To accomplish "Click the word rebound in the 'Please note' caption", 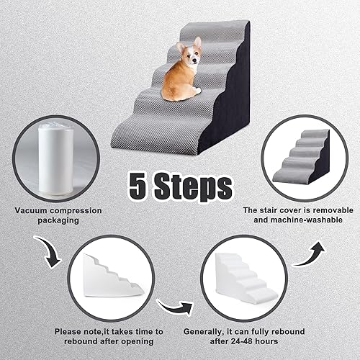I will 78,343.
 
